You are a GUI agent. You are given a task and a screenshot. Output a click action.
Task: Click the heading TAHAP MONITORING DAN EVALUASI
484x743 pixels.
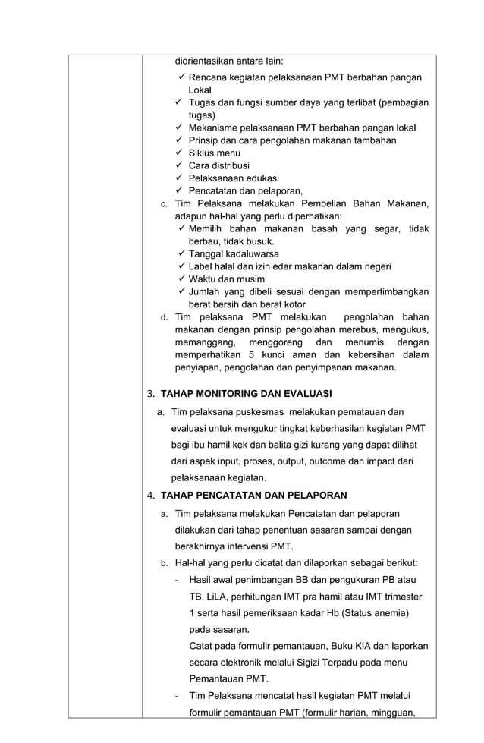[246, 394]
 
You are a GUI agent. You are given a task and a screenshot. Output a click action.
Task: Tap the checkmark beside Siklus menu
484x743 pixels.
[180, 153]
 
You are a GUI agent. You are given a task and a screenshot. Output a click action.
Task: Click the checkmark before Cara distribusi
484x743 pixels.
[180, 165]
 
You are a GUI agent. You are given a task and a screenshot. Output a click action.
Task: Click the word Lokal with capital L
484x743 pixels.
[200, 90]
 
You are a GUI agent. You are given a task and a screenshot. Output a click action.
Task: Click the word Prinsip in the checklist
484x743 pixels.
[204, 140]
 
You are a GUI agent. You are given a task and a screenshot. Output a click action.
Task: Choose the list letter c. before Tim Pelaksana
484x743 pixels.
[164, 204]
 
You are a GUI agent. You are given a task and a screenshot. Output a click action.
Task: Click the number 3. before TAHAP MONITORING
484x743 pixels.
[151, 394]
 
